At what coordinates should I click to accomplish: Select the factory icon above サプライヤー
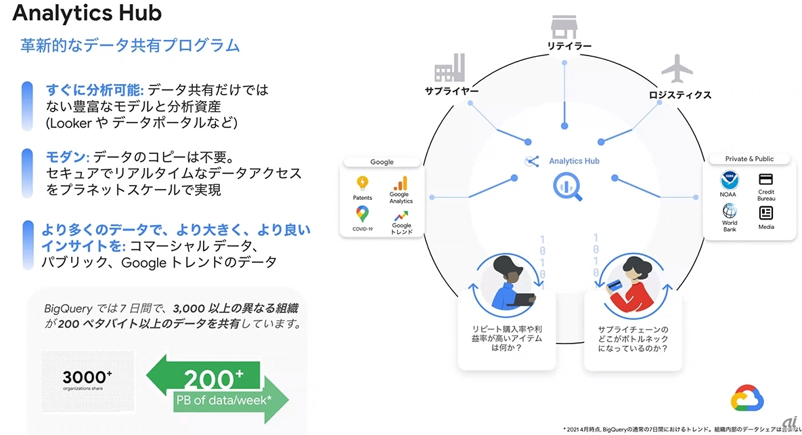pos(449,70)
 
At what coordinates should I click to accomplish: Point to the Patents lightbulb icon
pos(363,183)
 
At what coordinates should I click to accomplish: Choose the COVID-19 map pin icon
pos(363,214)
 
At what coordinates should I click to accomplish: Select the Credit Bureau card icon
pos(766,180)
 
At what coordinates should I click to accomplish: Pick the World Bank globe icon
pos(730,210)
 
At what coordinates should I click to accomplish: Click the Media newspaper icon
pos(766,212)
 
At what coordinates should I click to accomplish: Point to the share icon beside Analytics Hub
pos(532,161)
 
